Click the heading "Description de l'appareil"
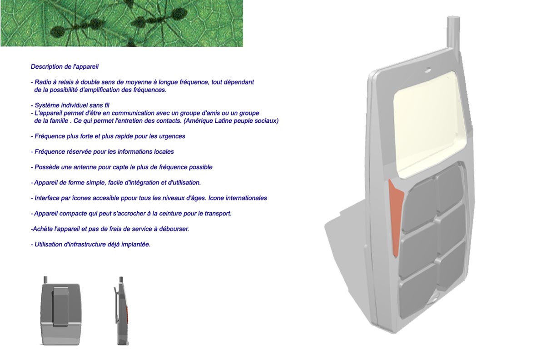(65, 66)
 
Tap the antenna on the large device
(453, 32)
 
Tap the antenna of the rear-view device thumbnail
(45, 280)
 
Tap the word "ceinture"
(169, 214)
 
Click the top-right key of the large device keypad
(450, 189)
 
